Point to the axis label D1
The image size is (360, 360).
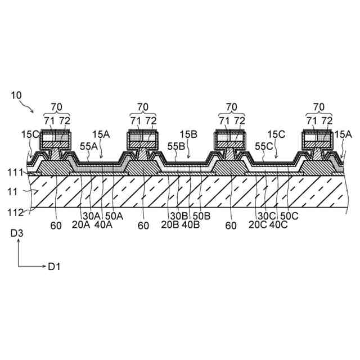[53, 266]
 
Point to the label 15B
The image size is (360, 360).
[188, 134]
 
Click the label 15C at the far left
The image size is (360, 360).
[30, 134]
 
